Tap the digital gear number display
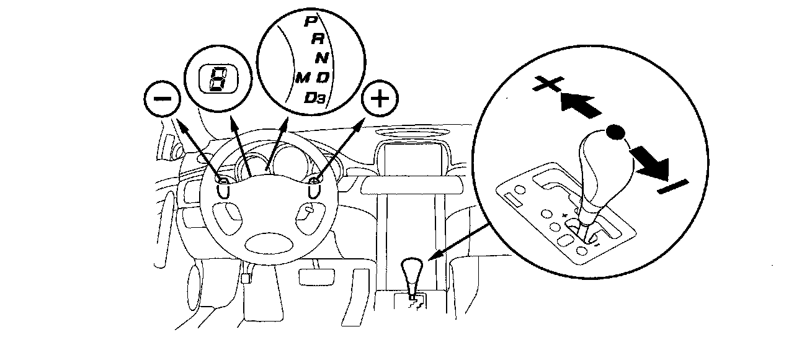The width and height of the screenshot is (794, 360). [x=216, y=79]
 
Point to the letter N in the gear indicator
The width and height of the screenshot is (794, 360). [x=321, y=59]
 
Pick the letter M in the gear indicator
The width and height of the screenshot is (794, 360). [x=303, y=78]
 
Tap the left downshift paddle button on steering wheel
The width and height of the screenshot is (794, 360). [x=222, y=181]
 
